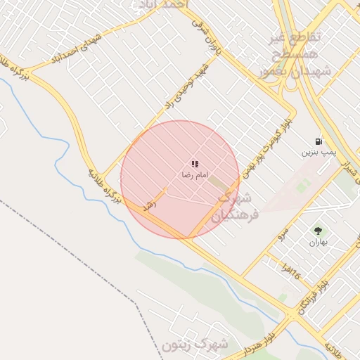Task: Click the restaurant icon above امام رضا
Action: click(x=195, y=164)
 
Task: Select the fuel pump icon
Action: click(x=320, y=141)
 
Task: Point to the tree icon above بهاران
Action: click(x=318, y=231)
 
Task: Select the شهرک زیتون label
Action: click(x=195, y=345)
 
